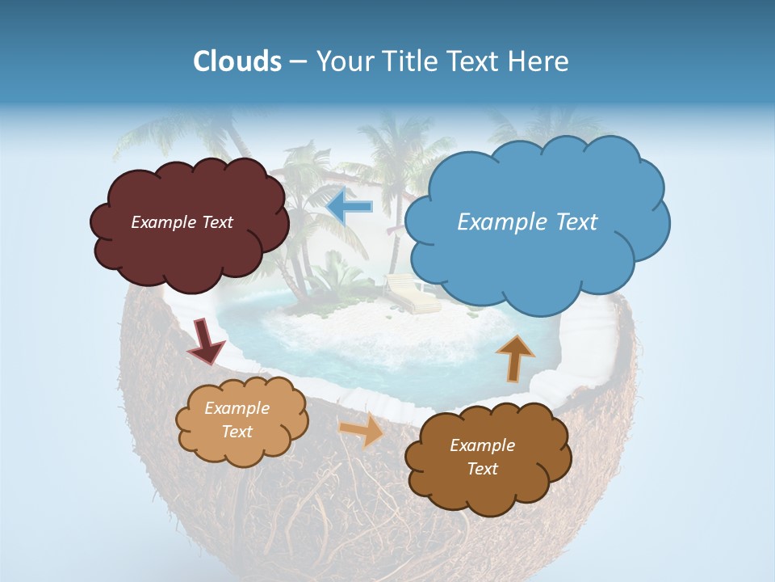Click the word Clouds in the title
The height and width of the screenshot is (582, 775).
(237, 61)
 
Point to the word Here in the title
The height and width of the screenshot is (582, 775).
(540, 61)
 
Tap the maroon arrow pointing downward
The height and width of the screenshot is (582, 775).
(205, 340)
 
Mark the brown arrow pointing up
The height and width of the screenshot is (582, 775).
(514, 357)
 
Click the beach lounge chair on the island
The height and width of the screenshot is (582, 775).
(412, 296)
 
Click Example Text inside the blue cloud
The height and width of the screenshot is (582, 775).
(527, 221)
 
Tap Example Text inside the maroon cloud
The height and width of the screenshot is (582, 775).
(182, 221)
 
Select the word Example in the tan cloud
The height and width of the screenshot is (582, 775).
(237, 408)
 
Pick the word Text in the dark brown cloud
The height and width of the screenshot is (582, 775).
(482, 469)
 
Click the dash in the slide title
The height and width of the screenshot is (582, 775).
(298, 62)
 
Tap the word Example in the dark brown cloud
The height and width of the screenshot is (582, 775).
(482, 445)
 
